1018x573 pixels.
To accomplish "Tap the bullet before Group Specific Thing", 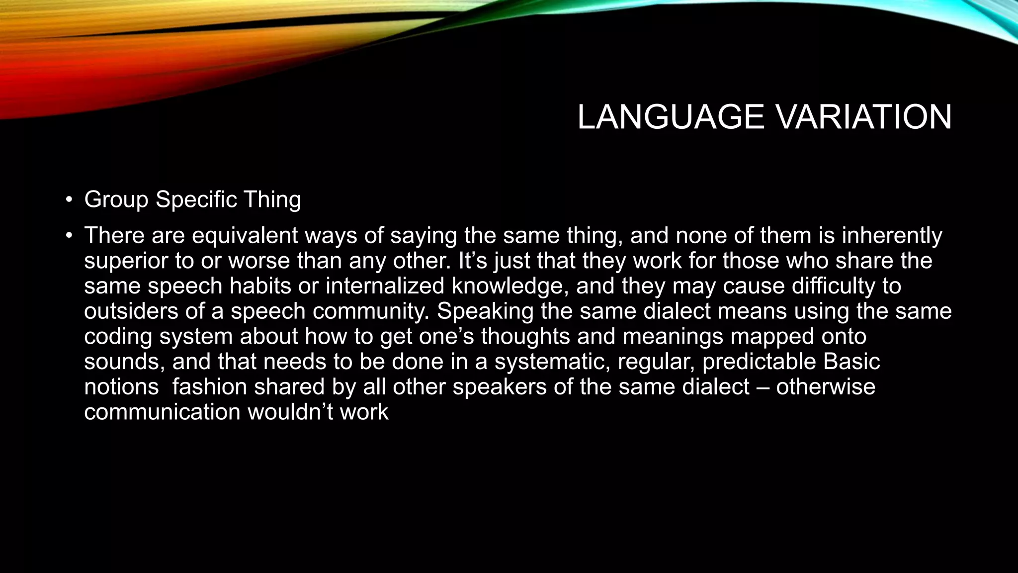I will click(x=69, y=200).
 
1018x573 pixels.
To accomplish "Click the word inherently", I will click(x=892, y=236).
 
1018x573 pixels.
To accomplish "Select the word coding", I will click(x=118, y=337).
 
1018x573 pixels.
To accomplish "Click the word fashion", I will click(x=209, y=387).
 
